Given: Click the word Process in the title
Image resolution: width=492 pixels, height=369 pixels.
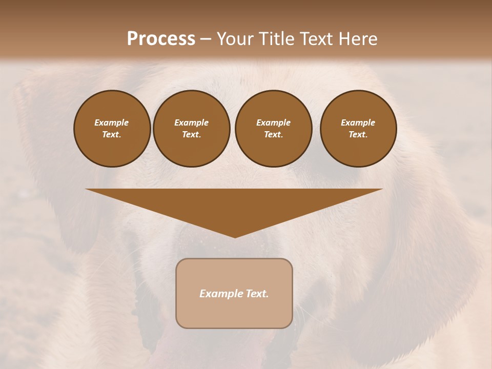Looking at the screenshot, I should pyautogui.click(x=161, y=39).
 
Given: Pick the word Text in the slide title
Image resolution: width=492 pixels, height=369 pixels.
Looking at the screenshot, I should pyautogui.click(x=315, y=39).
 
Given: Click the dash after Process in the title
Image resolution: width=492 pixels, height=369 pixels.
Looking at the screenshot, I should pyautogui.click(x=206, y=39).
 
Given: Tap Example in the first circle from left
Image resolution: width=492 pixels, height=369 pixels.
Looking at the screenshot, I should pyautogui.click(x=112, y=122).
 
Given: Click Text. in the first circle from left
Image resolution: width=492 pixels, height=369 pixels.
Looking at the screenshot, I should pyautogui.click(x=112, y=134).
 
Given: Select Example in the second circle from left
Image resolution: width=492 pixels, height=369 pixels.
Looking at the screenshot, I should pyautogui.click(x=191, y=122).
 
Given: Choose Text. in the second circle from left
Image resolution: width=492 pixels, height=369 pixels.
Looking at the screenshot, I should pyautogui.click(x=191, y=134).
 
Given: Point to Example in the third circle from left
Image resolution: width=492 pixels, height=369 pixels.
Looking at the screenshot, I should pyautogui.click(x=273, y=122).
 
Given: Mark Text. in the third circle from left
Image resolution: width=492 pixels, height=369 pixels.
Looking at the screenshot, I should pyautogui.click(x=273, y=134).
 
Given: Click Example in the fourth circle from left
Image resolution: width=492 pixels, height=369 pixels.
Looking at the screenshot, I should pyautogui.click(x=358, y=122).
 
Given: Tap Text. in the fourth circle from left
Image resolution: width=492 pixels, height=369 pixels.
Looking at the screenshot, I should pyautogui.click(x=358, y=134).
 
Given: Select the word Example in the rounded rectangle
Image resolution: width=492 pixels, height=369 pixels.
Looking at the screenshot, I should pyautogui.click(x=220, y=294).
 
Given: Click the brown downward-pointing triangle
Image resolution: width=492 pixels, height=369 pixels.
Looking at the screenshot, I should pyautogui.click(x=234, y=205).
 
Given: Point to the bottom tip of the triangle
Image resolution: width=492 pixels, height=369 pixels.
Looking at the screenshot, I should pyautogui.click(x=235, y=237).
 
